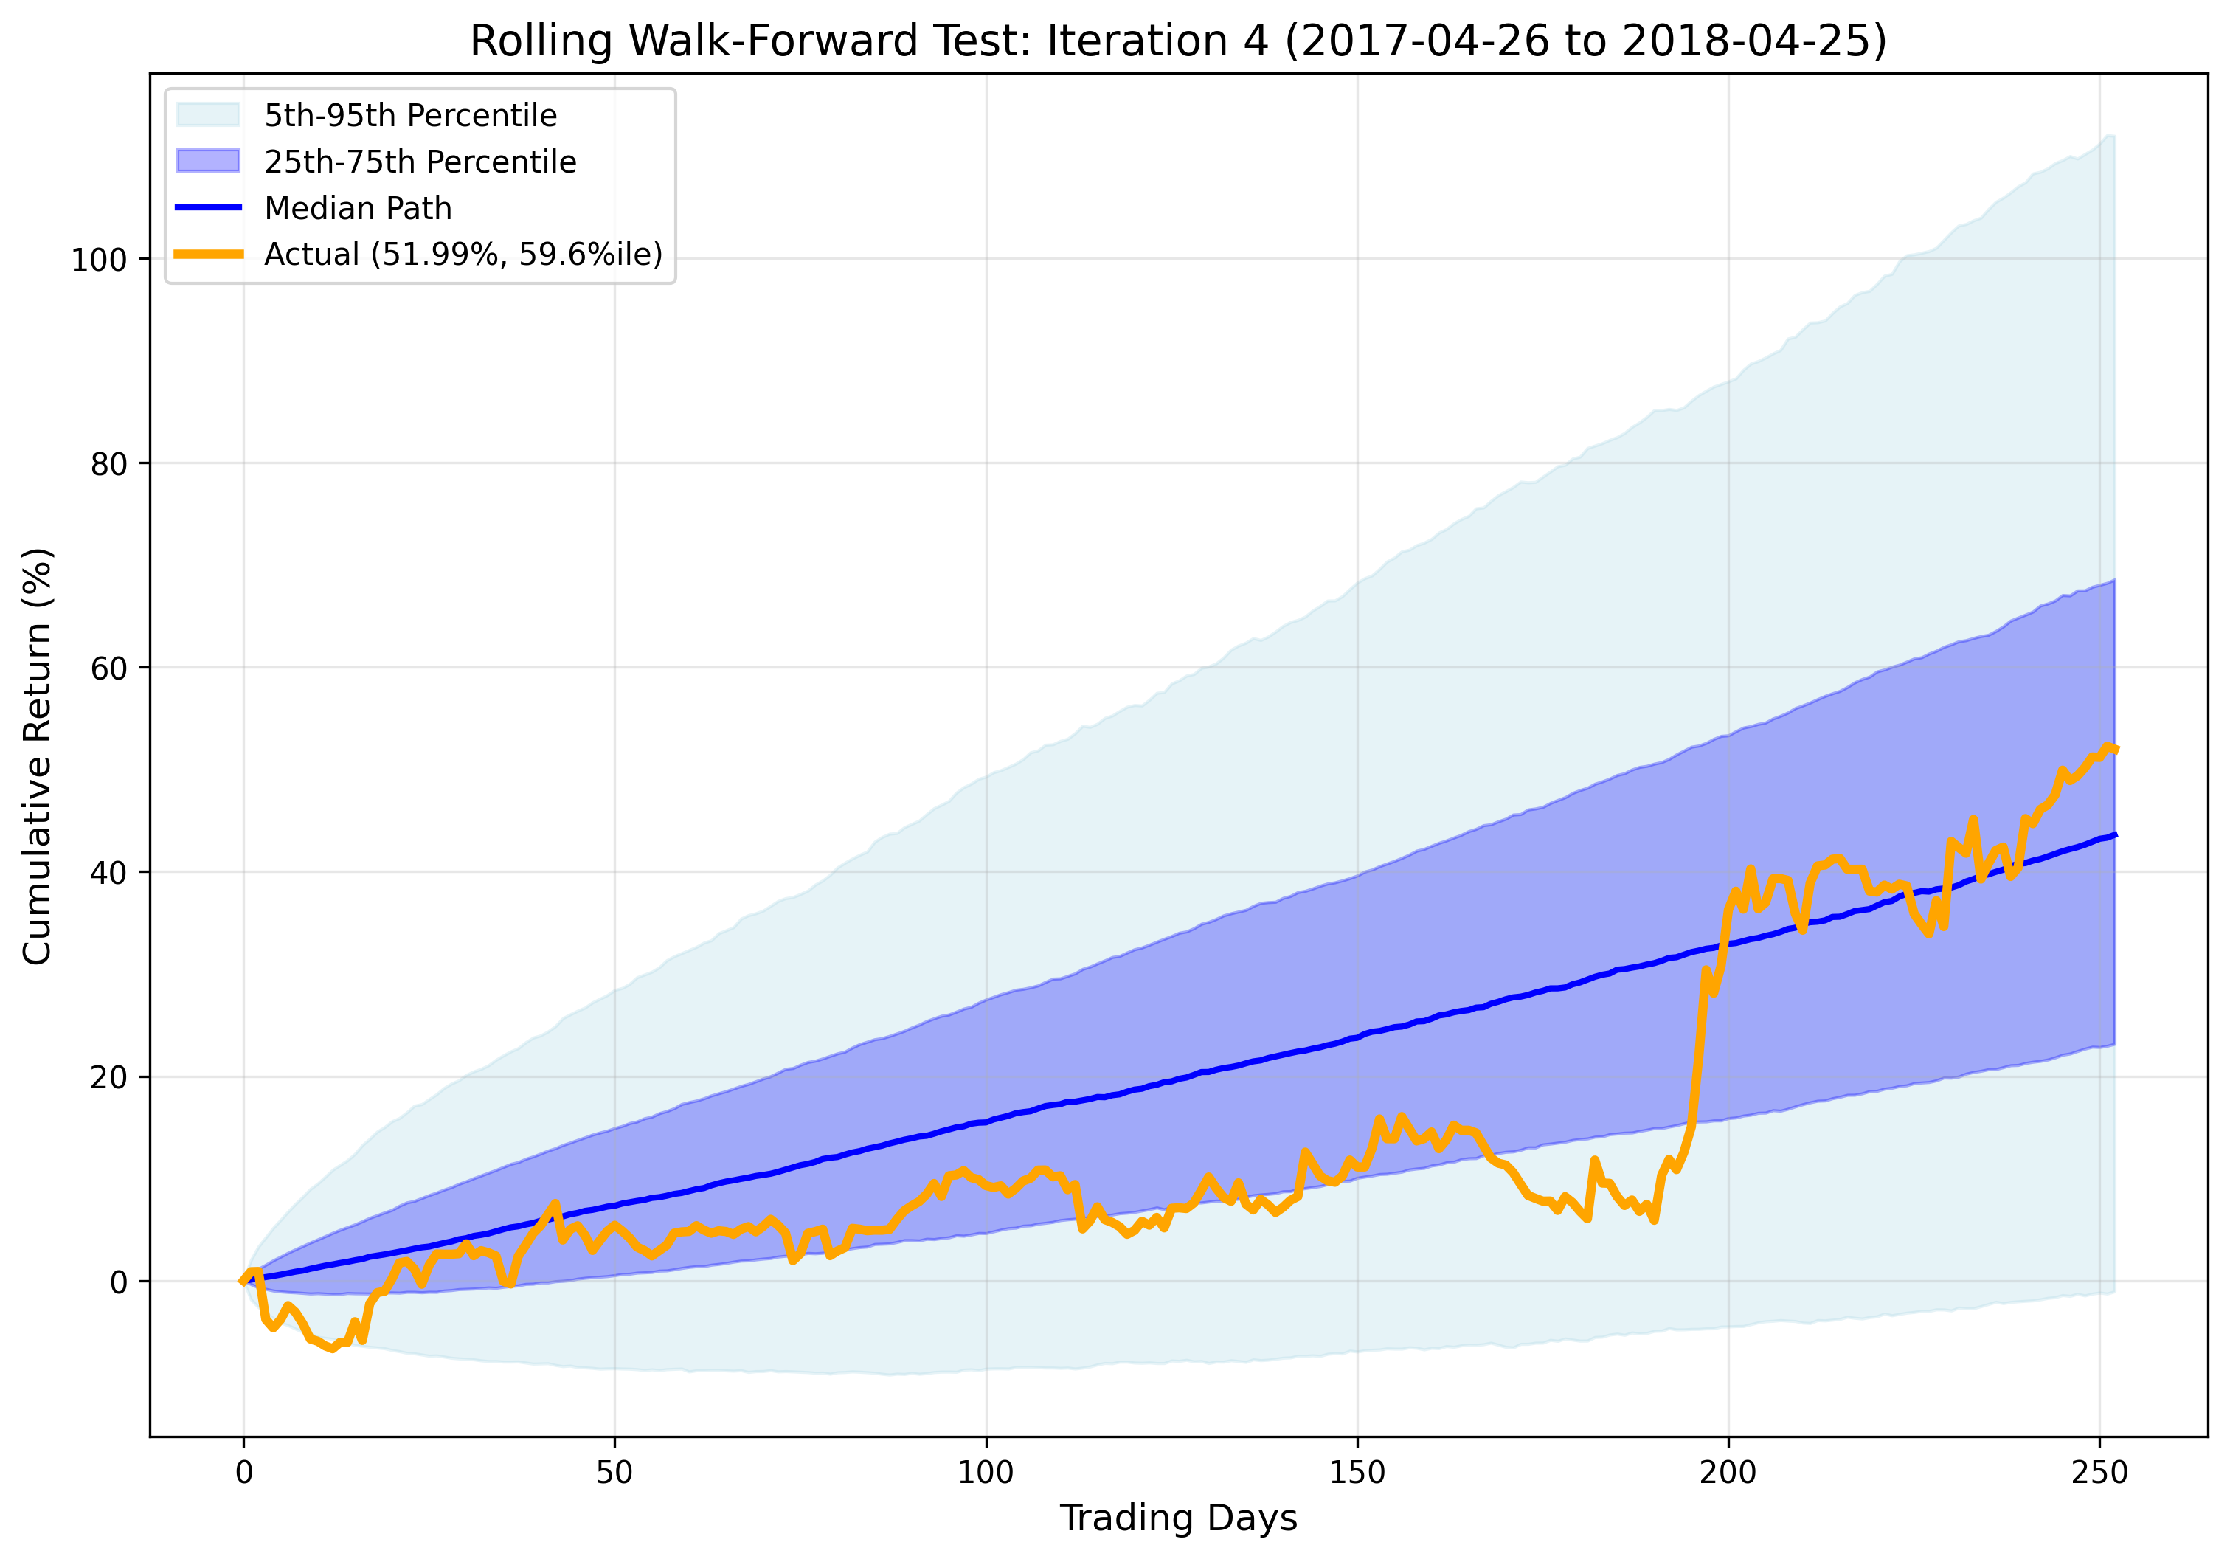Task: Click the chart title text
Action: [x=1178, y=42]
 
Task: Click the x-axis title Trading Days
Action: [x=1178, y=1517]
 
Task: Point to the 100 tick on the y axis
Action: [x=99, y=260]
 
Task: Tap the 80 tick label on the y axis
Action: [x=108, y=464]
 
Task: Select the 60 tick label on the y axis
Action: [x=108, y=669]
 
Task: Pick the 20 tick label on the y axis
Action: [x=108, y=1078]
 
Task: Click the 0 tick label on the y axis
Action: [x=119, y=1282]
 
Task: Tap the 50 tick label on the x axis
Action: [x=614, y=1472]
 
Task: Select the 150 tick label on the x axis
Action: [x=1357, y=1472]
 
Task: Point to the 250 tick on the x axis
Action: [x=2099, y=1472]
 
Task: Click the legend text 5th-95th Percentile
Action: [x=411, y=116]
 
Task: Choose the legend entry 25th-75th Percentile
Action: [x=420, y=162]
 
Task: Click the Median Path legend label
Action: [x=358, y=208]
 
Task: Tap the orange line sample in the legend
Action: [x=208, y=254]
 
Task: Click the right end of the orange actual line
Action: [x=2114, y=749]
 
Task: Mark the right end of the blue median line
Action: [x=2114, y=834]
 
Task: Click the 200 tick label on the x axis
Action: [x=1728, y=1472]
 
